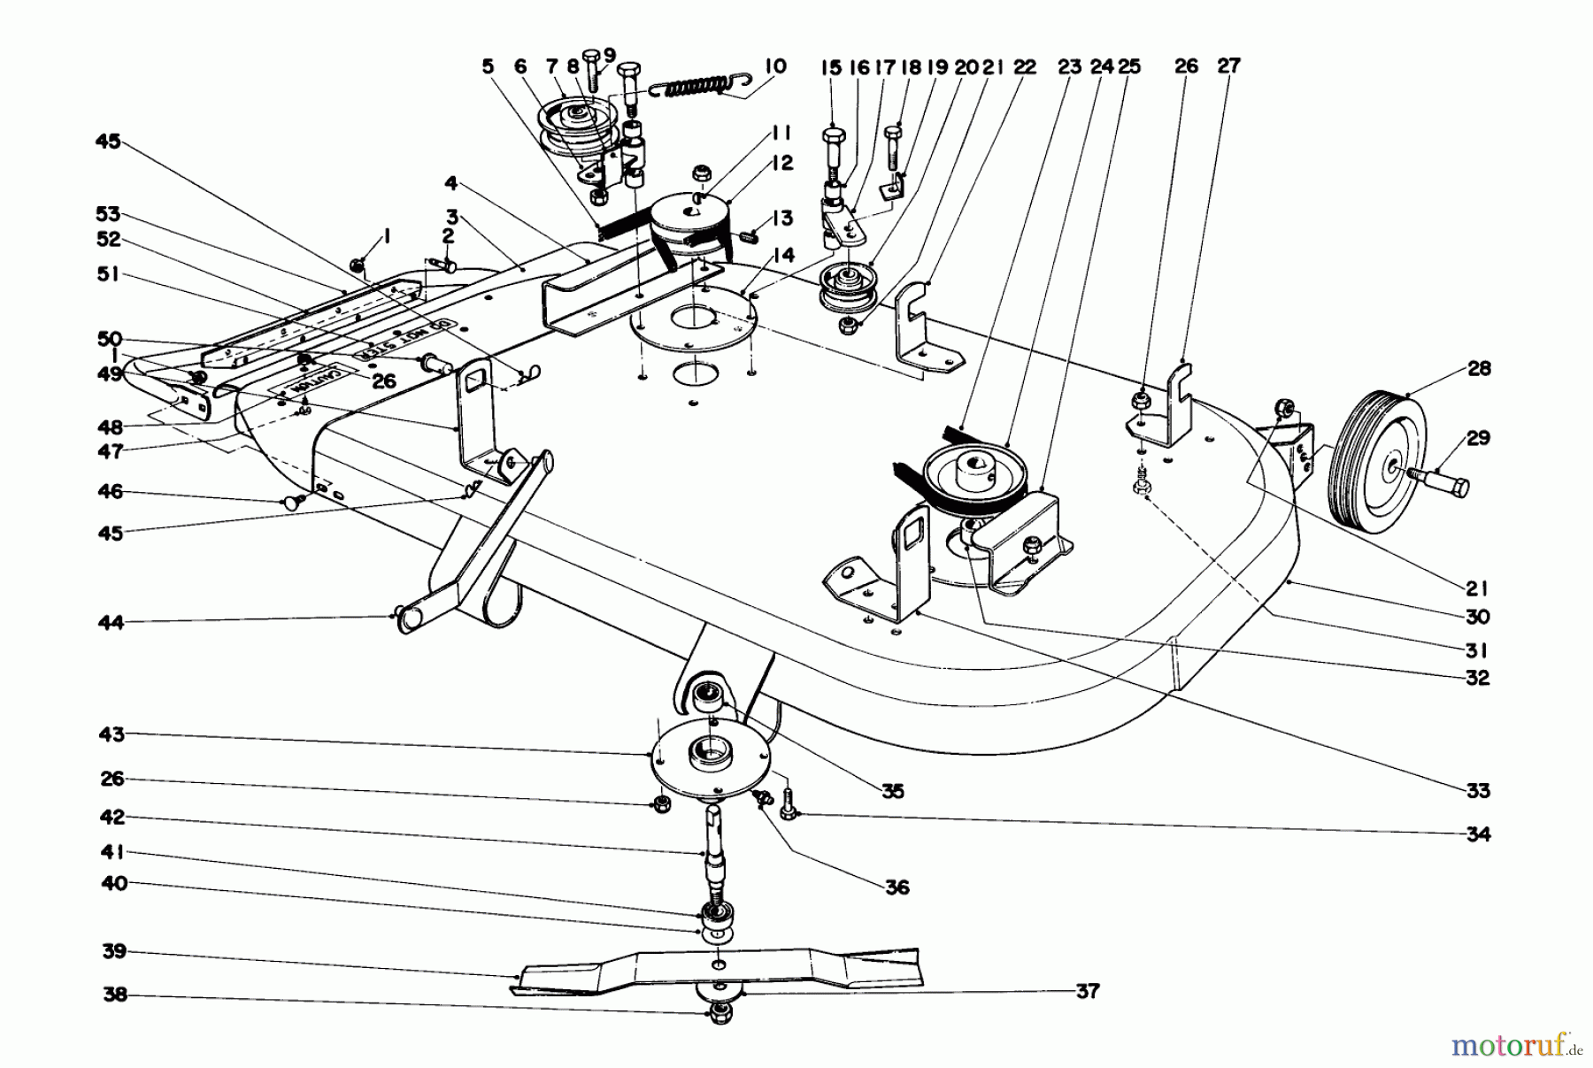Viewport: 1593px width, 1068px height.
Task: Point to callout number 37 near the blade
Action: [1087, 992]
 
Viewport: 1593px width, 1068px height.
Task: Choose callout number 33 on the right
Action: [1478, 791]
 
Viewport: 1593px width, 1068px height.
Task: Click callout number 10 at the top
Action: [774, 65]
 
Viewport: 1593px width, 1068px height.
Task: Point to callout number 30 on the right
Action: [1478, 617]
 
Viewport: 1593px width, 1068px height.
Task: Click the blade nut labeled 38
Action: [720, 1012]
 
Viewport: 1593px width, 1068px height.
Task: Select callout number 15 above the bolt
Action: [832, 66]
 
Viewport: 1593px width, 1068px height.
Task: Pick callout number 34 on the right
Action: [1478, 834]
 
